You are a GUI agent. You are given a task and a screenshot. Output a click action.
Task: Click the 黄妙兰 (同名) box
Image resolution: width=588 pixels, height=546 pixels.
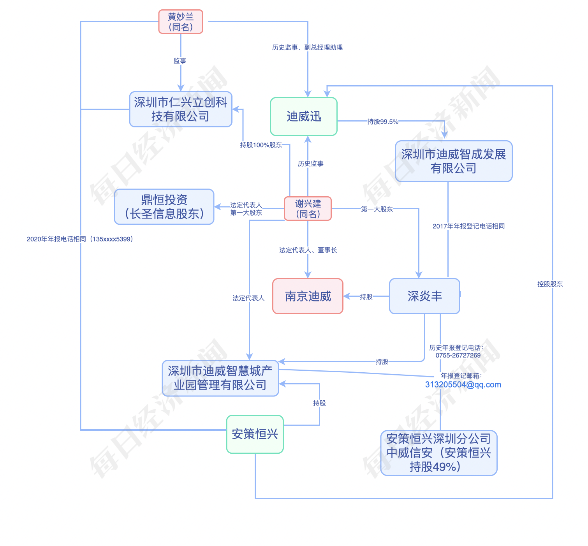[181, 22]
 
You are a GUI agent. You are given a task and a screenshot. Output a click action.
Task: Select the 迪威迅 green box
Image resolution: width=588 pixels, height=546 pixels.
[304, 116]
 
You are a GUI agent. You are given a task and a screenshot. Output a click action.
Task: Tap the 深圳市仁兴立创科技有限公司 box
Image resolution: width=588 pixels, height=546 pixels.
[181, 109]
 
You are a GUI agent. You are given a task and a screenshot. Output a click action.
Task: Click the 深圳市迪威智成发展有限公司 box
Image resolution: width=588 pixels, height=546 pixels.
[454, 161]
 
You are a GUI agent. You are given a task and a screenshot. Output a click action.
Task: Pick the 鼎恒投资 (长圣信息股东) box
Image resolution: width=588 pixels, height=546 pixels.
[164, 207]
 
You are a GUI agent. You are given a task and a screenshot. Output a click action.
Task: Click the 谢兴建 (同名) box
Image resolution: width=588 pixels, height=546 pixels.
[308, 209]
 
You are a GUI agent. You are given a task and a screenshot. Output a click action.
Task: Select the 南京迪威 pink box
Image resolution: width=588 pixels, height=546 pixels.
[308, 296]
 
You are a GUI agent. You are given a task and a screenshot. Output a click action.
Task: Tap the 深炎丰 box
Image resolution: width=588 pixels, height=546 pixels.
[424, 296]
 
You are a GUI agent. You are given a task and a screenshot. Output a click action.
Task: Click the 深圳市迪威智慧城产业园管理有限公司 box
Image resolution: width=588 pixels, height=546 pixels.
[220, 378]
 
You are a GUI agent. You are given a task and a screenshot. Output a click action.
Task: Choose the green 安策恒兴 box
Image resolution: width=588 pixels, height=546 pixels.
[255, 434]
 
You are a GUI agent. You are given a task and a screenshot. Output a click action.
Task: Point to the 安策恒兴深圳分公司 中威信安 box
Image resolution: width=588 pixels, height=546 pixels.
[439, 453]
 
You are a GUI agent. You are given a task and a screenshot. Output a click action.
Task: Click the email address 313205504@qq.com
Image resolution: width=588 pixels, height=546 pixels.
[463, 385]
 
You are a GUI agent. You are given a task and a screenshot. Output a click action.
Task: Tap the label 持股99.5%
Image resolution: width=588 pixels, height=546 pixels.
[383, 122]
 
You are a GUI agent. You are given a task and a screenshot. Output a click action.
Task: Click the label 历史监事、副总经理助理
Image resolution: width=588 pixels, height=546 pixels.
[307, 48]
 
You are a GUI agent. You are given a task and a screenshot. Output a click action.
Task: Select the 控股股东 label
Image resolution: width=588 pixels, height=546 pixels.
[550, 284]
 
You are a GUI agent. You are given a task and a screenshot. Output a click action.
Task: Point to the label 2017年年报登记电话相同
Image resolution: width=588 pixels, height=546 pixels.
[468, 226]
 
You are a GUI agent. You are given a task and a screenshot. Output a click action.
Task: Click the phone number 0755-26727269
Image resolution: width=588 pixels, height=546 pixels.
[458, 356]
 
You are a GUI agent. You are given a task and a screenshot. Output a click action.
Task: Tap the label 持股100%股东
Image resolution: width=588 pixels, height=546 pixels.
[261, 145]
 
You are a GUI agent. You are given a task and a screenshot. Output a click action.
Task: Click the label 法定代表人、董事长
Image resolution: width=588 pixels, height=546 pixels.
[308, 250]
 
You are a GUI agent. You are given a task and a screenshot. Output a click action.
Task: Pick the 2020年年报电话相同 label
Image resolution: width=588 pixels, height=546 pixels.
[80, 239]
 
